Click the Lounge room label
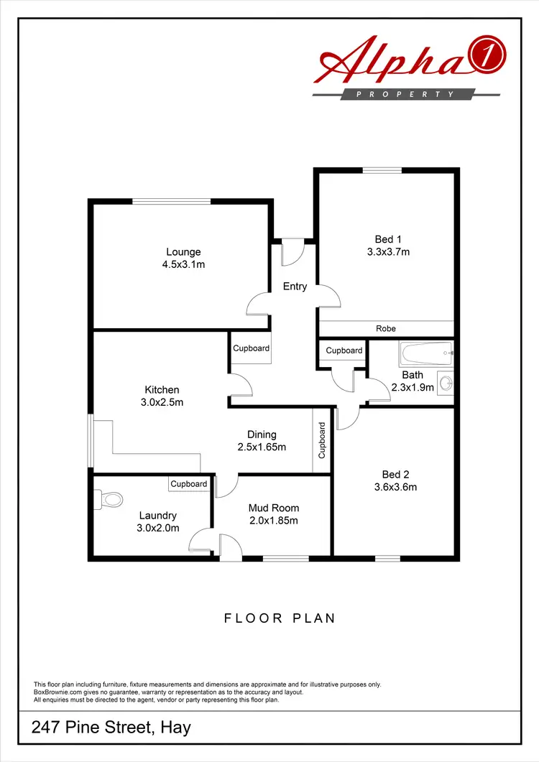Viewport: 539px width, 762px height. pos(183,252)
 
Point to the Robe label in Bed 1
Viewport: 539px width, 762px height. pos(386,328)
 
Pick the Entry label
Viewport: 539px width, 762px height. pos(295,287)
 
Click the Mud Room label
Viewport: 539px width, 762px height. pos(273,508)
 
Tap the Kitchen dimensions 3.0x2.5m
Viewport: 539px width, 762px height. pos(162,402)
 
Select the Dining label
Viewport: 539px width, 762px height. pos(262,435)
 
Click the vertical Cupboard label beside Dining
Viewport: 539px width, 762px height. pos(322,440)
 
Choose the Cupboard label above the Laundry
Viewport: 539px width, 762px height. pos(189,484)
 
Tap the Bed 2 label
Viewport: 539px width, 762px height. pos(396,474)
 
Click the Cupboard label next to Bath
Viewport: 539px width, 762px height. pos(344,350)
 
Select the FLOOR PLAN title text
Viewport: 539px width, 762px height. pos(280,618)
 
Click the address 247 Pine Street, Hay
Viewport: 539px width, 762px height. pos(111,728)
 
